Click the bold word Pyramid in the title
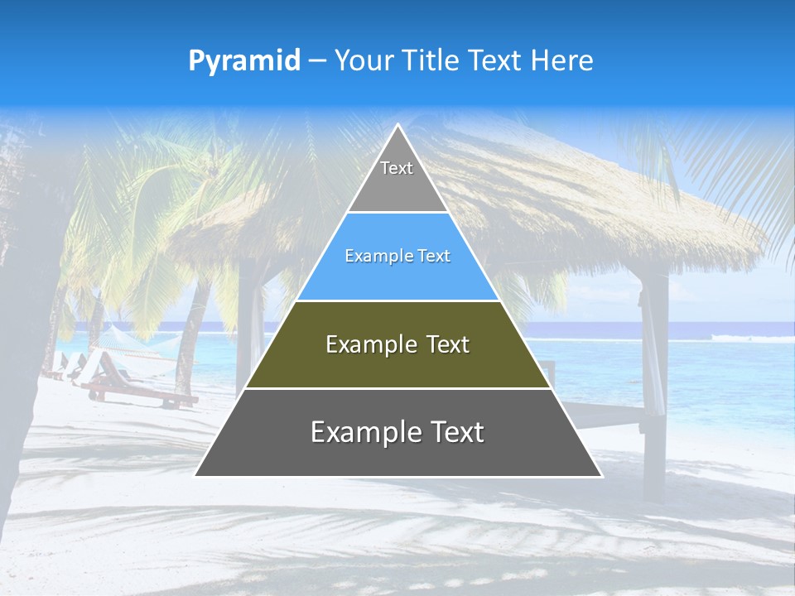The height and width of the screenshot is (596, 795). click(244, 61)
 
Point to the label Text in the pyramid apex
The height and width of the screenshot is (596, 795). click(397, 168)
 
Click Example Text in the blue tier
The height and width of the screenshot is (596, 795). click(397, 256)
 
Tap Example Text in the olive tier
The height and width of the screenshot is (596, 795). click(397, 344)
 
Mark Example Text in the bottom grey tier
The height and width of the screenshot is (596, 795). click(397, 432)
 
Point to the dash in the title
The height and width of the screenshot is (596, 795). click(317, 61)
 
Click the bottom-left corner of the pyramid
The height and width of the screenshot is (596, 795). click(196, 475)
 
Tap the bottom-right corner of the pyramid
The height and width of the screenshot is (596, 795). click(600, 475)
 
